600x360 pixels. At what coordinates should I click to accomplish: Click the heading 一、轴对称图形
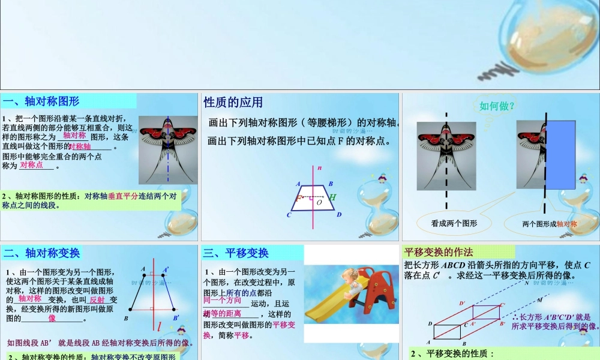(x=41, y=101)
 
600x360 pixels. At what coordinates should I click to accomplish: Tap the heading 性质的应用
(x=233, y=102)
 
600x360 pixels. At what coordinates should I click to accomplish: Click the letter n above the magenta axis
(x=320, y=168)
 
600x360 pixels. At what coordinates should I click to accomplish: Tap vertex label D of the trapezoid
(x=339, y=215)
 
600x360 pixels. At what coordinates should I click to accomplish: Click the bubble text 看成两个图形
(x=454, y=223)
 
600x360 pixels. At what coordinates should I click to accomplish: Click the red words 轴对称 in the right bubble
(x=566, y=224)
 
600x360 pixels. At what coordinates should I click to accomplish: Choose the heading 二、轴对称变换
(x=42, y=253)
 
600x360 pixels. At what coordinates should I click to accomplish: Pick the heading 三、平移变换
(x=236, y=253)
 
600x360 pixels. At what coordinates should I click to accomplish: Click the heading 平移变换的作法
(x=439, y=252)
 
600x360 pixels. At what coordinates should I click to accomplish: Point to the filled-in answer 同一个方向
(x=223, y=300)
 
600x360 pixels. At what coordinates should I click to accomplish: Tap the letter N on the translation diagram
(x=527, y=283)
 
